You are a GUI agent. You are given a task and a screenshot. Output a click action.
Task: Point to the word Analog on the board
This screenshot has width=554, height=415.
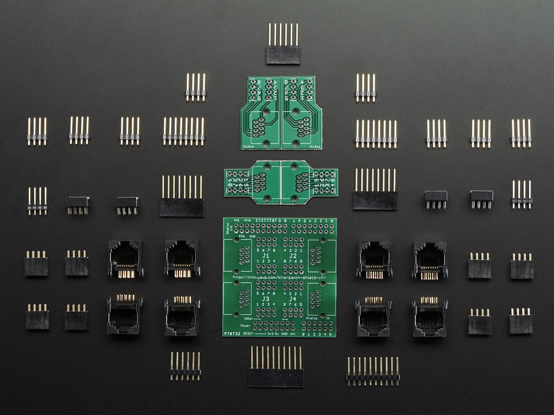pos(313,318)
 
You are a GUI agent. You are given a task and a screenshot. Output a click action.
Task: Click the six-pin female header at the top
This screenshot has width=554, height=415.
pos(283,54)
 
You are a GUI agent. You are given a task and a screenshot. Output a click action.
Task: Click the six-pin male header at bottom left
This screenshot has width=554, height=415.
pos(185,372)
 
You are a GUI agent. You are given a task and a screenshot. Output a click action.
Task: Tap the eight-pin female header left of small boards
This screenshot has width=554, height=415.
pos(181,207)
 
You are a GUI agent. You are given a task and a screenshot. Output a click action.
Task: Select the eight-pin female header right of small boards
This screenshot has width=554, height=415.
pos(375,201)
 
